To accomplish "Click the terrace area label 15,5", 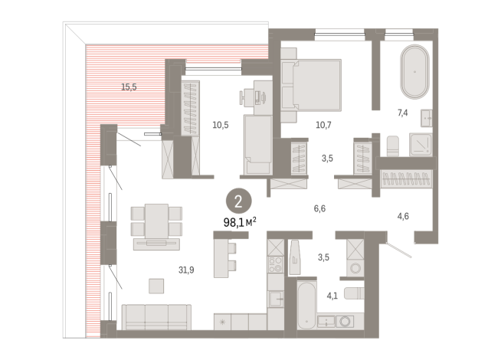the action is pyautogui.click(x=129, y=87).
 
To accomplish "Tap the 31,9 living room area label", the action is pyautogui.click(x=186, y=270).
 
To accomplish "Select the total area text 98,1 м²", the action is pyautogui.click(x=240, y=222).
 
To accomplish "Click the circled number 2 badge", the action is pyautogui.click(x=239, y=201).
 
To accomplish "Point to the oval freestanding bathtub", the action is pyautogui.click(x=414, y=71).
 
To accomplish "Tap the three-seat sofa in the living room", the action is pyautogui.click(x=156, y=317).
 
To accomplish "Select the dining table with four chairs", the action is pyautogui.click(x=156, y=221).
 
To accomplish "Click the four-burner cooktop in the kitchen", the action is pyautogui.click(x=276, y=264).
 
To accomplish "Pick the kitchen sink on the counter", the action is pyautogui.click(x=276, y=299).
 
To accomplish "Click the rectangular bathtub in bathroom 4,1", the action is pyautogui.click(x=306, y=305).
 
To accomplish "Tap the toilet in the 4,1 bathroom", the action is pyautogui.click(x=354, y=293).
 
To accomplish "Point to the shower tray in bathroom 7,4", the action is pyautogui.click(x=421, y=145).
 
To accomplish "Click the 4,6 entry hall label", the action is pyautogui.click(x=403, y=216).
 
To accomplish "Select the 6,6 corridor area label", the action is pyautogui.click(x=319, y=208).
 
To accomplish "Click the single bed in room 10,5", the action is pyautogui.click(x=258, y=145).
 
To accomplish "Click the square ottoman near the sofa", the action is pyautogui.click(x=156, y=286).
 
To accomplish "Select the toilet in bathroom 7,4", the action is pyautogui.click(x=393, y=146).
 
